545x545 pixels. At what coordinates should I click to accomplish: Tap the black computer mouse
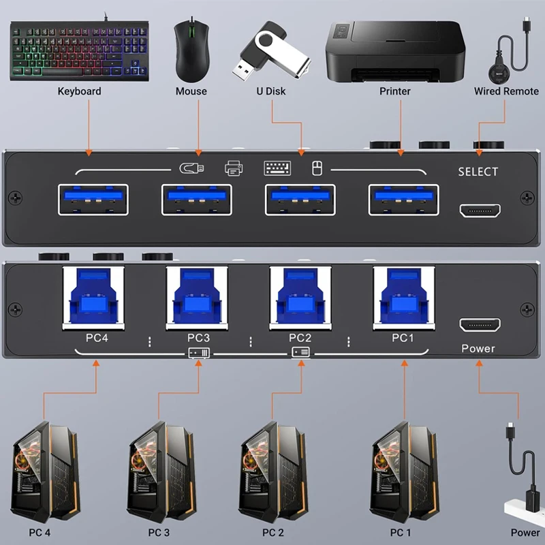coord(191,50)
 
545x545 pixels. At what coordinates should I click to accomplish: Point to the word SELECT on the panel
coord(478,172)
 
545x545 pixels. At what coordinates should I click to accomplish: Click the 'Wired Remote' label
coord(506,91)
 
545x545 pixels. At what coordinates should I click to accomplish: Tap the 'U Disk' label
coord(270,91)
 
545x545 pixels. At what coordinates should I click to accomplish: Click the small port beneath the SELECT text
coord(480,210)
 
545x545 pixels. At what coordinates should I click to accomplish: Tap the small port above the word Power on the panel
coord(480,324)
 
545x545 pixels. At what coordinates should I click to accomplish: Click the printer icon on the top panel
coord(233,168)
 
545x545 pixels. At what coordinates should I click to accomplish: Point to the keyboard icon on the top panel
coord(277,168)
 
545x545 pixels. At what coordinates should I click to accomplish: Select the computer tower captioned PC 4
coord(42,470)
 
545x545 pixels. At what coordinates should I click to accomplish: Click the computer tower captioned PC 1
coord(401,470)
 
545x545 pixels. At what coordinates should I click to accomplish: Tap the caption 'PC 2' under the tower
coord(272,532)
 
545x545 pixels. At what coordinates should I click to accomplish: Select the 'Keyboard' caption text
coord(79,91)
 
